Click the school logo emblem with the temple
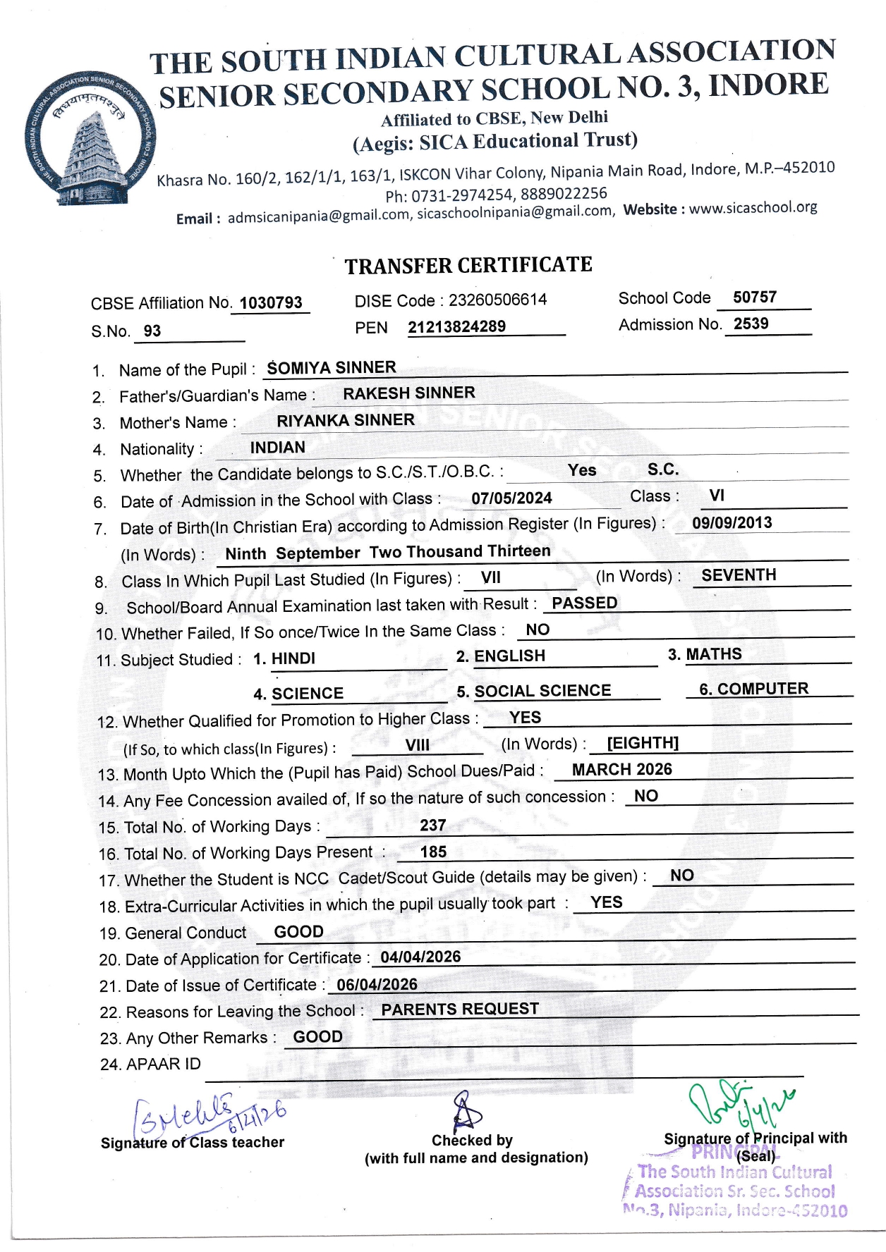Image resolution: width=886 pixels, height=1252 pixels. click(90, 139)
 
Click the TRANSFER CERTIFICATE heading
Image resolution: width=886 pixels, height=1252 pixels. click(468, 266)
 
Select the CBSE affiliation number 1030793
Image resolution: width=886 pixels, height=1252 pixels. click(271, 303)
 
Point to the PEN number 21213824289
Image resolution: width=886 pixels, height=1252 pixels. click(456, 327)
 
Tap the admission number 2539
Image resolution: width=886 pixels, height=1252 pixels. click(751, 324)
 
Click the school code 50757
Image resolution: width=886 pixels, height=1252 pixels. click(754, 297)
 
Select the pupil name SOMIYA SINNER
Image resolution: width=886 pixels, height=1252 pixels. click(332, 368)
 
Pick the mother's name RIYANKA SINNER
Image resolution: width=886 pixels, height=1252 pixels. click(346, 420)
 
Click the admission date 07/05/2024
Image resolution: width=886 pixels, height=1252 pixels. click(511, 498)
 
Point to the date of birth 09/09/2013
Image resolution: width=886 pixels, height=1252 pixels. click(732, 522)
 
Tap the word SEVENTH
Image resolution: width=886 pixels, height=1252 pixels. click(739, 575)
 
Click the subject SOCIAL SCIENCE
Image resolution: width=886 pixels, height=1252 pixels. click(542, 691)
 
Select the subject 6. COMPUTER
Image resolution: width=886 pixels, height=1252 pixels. click(753, 689)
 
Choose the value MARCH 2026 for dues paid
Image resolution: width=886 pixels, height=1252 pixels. click(621, 769)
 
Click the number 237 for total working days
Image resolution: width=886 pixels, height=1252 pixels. click(432, 825)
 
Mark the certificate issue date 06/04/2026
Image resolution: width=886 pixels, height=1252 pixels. click(377, 984)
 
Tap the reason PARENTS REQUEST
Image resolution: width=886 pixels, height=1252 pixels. click(460, 1009)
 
